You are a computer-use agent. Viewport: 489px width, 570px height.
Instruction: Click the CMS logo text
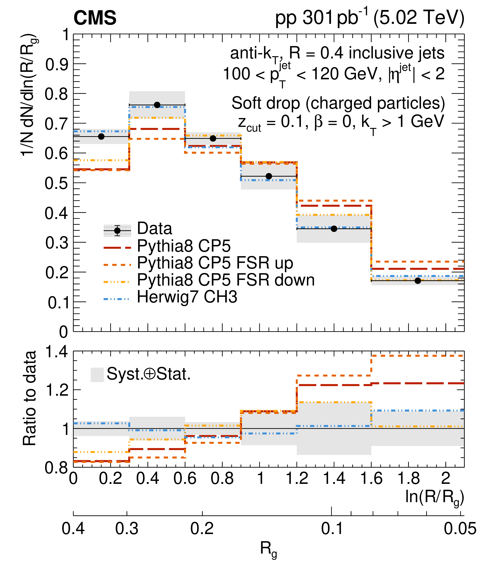coord(95,18)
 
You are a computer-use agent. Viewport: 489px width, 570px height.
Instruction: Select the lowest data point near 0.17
coord(418,281)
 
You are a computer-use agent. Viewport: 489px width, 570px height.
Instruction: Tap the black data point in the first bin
coord(101,136)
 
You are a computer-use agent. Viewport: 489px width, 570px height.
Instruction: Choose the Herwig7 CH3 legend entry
coord(187,297)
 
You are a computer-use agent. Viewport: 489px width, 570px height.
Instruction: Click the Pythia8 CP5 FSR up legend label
coord(215,263)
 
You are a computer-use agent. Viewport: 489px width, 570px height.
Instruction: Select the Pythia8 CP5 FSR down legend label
coord(226,280)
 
